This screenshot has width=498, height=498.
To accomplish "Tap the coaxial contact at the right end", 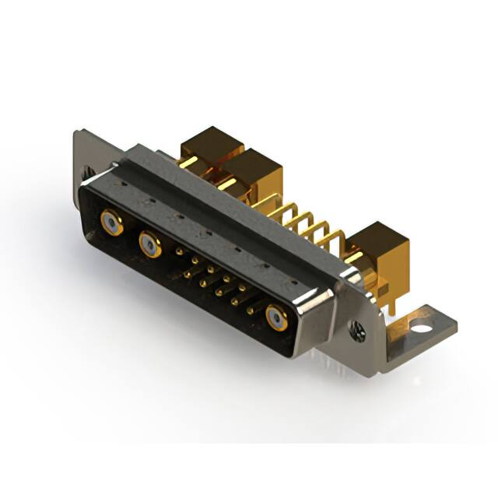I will pos(276,318).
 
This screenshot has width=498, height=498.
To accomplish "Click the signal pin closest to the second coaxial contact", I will pos(179,252).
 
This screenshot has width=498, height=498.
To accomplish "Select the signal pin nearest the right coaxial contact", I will pos(251,310).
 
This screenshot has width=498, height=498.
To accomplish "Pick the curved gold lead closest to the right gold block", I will pos(333,237).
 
